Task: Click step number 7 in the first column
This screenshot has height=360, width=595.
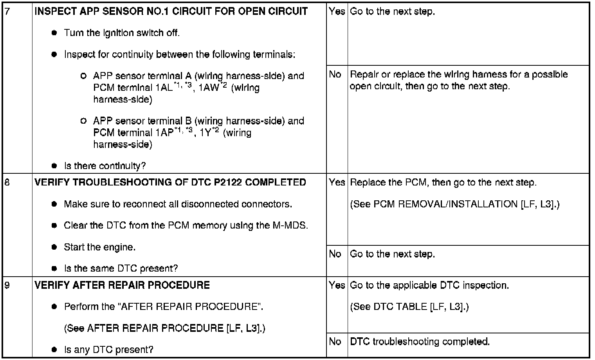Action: [7, 11]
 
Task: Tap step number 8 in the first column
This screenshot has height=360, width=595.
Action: [7, 182]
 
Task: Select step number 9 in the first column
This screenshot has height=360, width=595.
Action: [7, 285]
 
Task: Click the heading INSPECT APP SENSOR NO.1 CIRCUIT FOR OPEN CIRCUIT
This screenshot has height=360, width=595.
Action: [171, 11]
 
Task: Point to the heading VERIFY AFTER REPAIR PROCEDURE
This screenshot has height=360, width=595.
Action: [122, 285]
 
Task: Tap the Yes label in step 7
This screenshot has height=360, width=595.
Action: [337, 11]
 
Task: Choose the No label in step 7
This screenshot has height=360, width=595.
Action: [335, 74]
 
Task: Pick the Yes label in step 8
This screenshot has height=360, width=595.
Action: [337, 182]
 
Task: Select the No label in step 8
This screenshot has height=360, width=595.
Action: [335, 254]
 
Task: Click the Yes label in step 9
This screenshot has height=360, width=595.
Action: [337, 285]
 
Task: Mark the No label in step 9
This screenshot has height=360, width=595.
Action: [335, 342]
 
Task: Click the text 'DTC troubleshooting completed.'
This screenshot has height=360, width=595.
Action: [420, 342]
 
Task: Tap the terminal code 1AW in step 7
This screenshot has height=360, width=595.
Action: [209, 88]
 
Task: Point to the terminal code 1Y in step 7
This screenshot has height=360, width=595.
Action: [206, 133]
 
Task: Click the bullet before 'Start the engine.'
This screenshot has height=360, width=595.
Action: [54, 247]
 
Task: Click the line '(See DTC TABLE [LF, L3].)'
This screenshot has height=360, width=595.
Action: [409, 307]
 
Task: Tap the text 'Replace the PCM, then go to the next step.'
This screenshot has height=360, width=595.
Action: [443, 182]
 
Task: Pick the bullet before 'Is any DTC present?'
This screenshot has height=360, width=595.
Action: [54, 350]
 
